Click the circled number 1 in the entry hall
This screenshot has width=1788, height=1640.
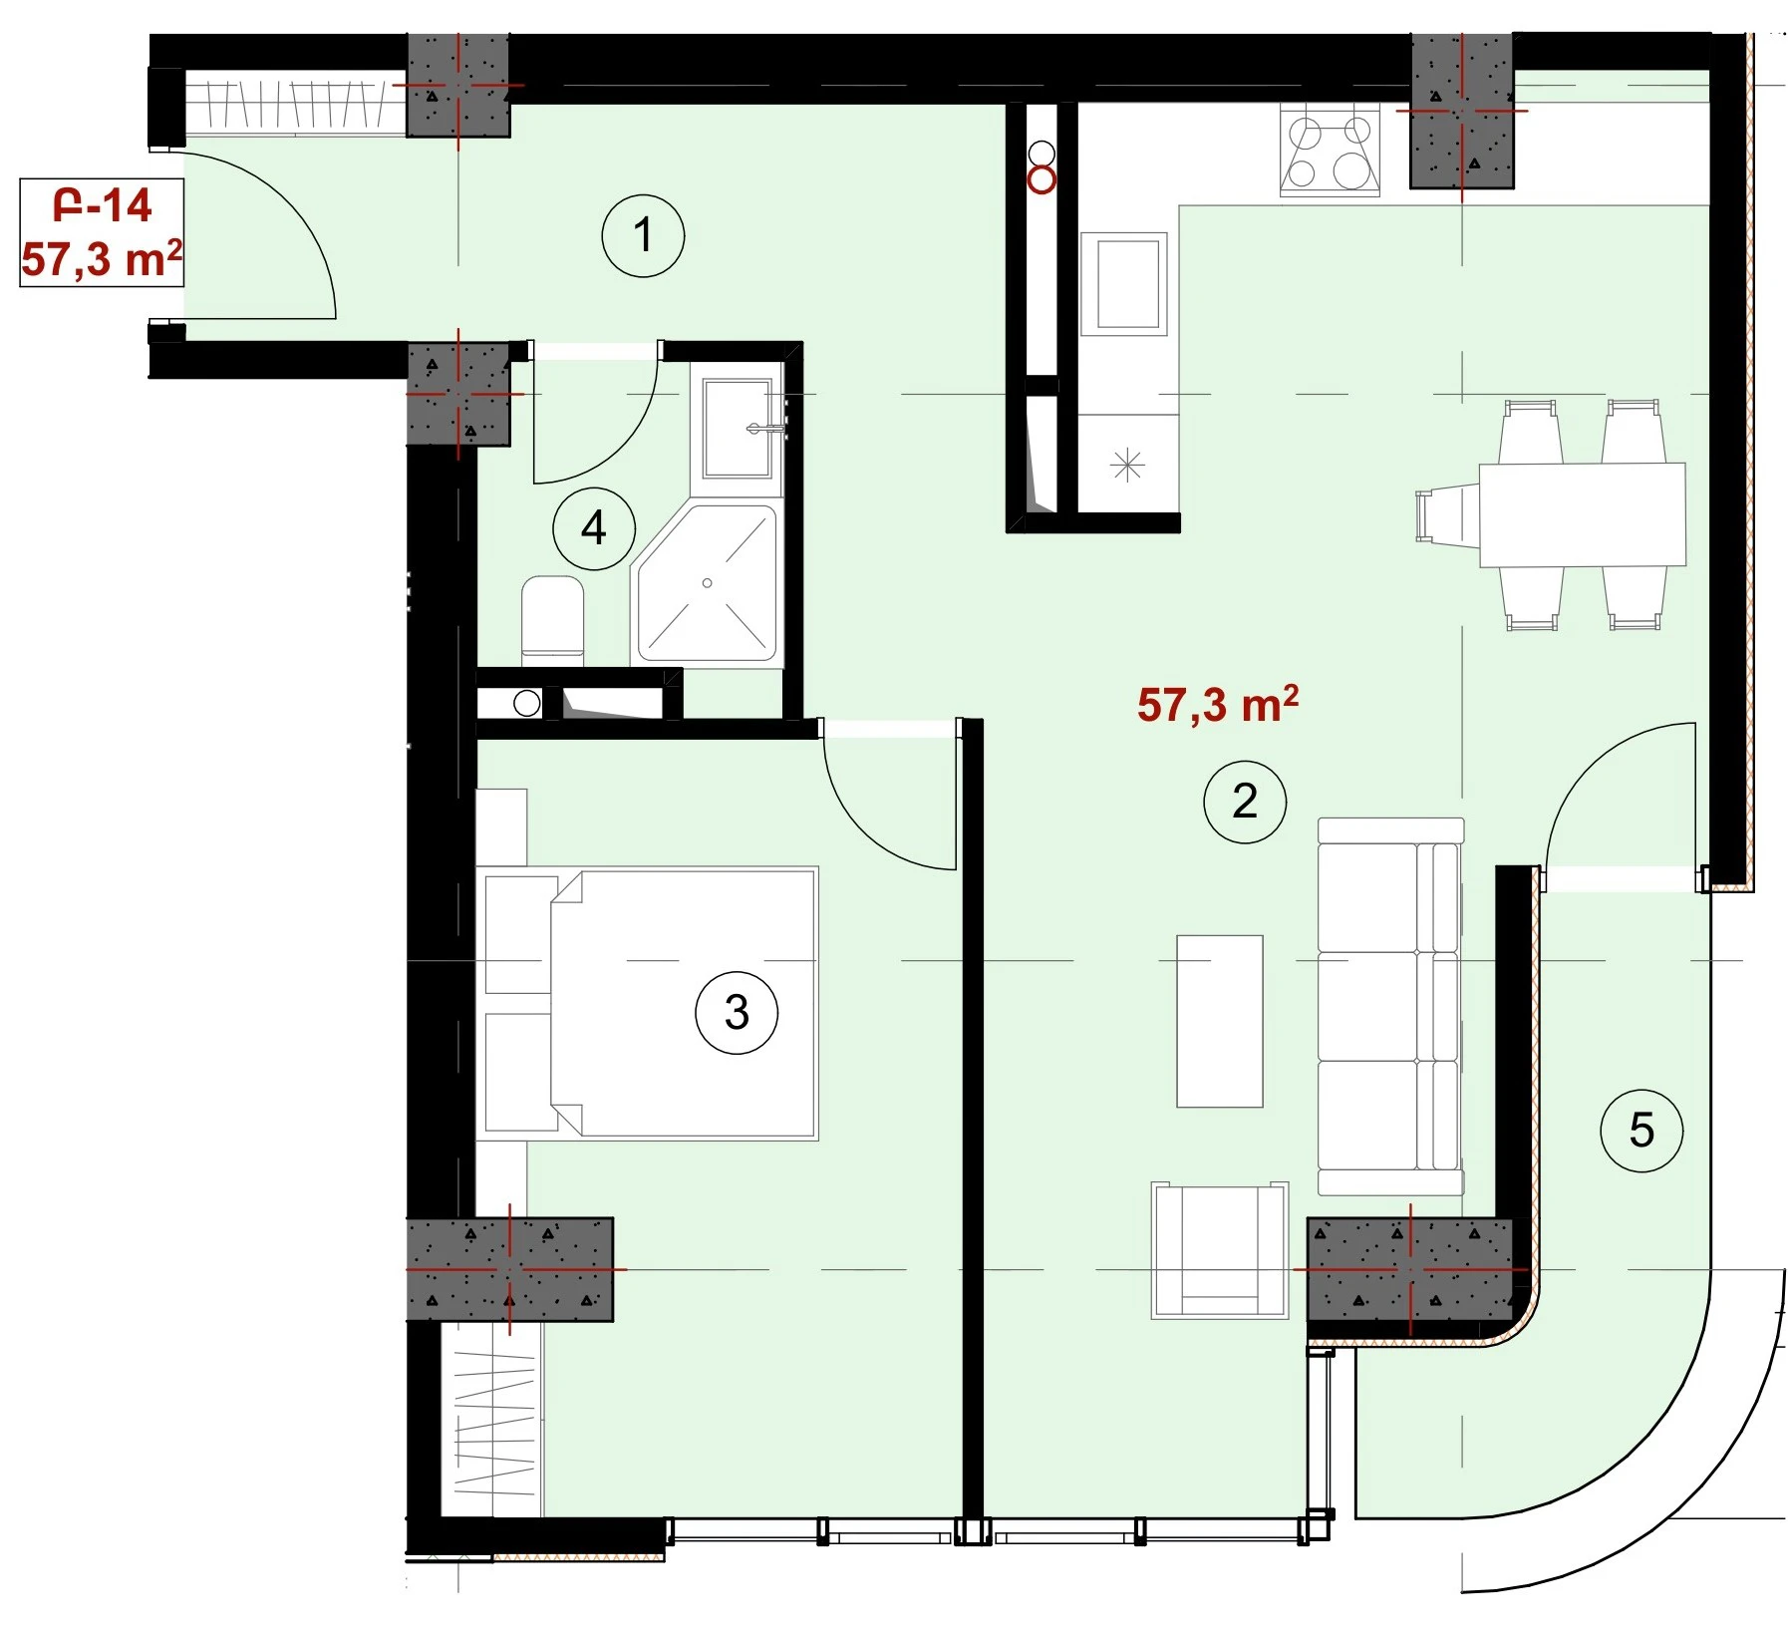(x=643, y=236)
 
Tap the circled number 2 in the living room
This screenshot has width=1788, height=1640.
(x=1245, y=802)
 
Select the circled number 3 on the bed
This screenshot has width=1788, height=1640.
(x=737, y=1013)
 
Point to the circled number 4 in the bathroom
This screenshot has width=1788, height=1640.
(x=594, y=528)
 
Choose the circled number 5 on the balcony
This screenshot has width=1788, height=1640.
(x=1640, y=1131)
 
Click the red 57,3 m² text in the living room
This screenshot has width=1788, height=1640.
(x=1218, y=704)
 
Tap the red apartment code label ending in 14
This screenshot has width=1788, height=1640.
(x=103, y=206)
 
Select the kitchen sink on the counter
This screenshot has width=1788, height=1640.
(x=1124, y=284)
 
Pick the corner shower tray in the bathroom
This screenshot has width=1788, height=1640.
(x=708, y=583)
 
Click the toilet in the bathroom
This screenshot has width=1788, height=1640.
(x=553, y=620)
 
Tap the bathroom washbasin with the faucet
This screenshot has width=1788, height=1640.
(x=739, y=429)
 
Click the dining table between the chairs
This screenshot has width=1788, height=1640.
(x=1582, y=514)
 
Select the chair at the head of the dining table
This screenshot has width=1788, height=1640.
(x=1447, y=514)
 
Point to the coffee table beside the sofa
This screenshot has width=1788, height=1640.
(x=1220, y=1021)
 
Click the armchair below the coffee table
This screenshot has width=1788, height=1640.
(x=1220, y=1250)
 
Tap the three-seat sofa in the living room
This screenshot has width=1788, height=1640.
(x=1391, y=1006)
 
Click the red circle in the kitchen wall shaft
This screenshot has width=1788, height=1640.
(x=1042, y=180)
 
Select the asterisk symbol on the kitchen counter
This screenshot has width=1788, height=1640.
(x=1127, y=464)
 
